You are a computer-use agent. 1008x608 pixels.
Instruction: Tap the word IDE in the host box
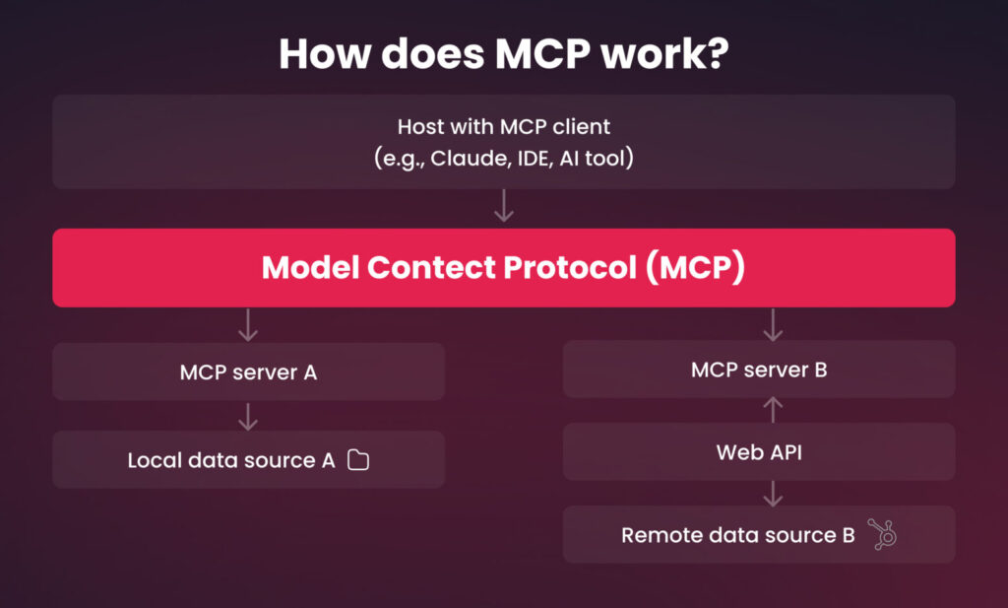533,158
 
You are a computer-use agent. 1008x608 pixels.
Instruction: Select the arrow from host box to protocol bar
503,205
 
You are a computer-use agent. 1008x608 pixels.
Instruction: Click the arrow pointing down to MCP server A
248,325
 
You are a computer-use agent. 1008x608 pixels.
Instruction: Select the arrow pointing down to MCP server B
773,325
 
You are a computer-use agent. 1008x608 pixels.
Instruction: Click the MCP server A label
248,372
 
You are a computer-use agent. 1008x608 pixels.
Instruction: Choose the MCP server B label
759,370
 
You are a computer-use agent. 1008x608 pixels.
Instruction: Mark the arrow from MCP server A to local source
248,416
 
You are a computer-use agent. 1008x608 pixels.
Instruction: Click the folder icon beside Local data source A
358,460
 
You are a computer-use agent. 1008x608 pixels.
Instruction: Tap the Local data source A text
231,460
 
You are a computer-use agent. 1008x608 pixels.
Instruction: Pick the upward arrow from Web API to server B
773,410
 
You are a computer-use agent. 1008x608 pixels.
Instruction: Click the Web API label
759,452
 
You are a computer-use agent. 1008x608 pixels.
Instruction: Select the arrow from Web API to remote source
773,494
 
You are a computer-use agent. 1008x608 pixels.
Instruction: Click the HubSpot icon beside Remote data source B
883,534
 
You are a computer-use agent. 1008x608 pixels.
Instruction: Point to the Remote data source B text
738,535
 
